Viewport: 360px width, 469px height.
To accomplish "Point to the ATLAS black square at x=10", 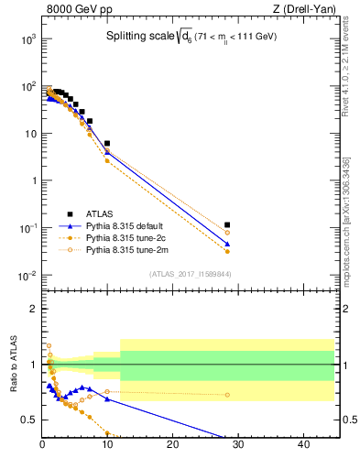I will tap(107, 144).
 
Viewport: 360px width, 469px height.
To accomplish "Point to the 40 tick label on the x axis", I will tap(303, 445).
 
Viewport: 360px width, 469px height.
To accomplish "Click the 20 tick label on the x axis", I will tap(173, 445).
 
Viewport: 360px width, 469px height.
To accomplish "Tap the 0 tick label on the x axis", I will tap(43, 445).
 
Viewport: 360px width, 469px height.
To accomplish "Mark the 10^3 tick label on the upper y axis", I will tap(27, 39).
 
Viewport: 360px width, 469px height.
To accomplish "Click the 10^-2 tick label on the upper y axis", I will tap(27, 276).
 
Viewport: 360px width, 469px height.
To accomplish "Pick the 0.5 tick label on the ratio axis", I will tap(28, 420).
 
